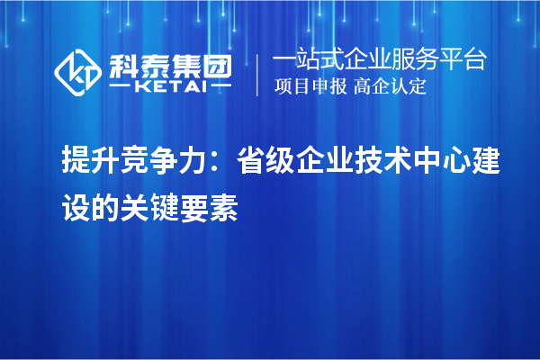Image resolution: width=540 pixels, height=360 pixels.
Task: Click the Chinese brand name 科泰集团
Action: (x=168, y=64)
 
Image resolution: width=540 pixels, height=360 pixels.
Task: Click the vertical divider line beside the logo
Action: (x=257, y=73)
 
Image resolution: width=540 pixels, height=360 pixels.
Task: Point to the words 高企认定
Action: (x=390, y=87)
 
